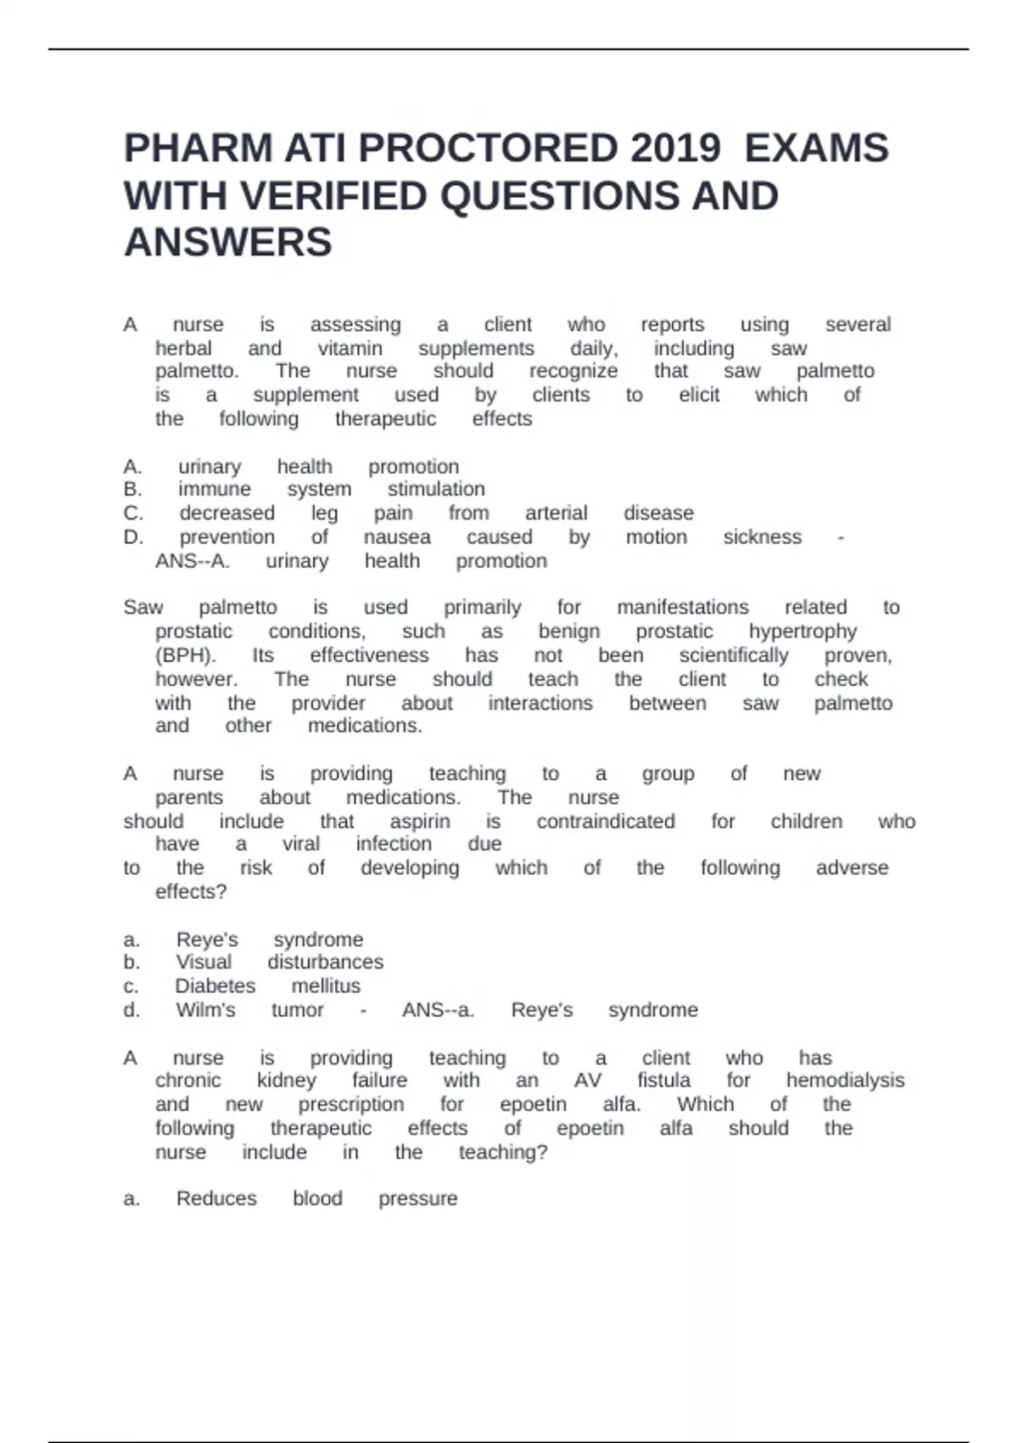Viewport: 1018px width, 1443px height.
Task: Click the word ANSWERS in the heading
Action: click(x=228, y=243)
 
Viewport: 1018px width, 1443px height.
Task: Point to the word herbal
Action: click(x=183, y=348)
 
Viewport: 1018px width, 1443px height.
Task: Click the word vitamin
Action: click(x=350, y=348)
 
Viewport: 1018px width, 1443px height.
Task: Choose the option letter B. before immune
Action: click(x=132, y=489)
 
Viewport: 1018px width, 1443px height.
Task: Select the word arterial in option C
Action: click(x=556, y=513)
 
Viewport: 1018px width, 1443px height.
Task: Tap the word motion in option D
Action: click(x=656, y=536)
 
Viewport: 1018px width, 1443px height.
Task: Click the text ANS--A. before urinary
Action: click(x=192, y=560)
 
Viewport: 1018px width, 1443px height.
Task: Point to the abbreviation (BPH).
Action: click(x=185, y=655)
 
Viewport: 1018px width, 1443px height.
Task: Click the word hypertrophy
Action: click(x=803, y=632)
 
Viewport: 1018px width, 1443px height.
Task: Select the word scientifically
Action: click(x=733, y=655)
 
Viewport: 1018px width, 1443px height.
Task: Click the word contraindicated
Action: click(x=606, y=821)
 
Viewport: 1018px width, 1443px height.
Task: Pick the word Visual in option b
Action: click(x=204, y=962)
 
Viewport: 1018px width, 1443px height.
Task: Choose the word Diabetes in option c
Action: click(x=215, y=985)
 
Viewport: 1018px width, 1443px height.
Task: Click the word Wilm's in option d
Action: click(x=205, y=1009)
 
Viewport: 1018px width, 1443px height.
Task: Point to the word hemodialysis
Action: click(x=845, y=1080)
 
